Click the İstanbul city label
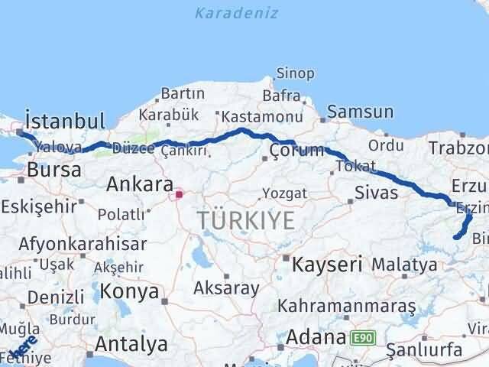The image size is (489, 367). (x=64, y=121)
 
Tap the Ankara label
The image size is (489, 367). (x=139, y=184)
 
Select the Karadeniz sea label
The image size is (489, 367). (x=236, y=13)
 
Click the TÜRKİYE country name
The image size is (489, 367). (x=245, y=220)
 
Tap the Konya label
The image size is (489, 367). (x=133, y=291)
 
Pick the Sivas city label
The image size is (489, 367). (x=376, y=192)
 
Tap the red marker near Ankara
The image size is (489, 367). (x=180, y=194)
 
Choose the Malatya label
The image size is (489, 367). (x=404, y=265)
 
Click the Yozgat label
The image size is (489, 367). (x=284, y=193)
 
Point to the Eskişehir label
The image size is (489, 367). (x=39, y=206)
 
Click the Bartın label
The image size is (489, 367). (x=182, y=94)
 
